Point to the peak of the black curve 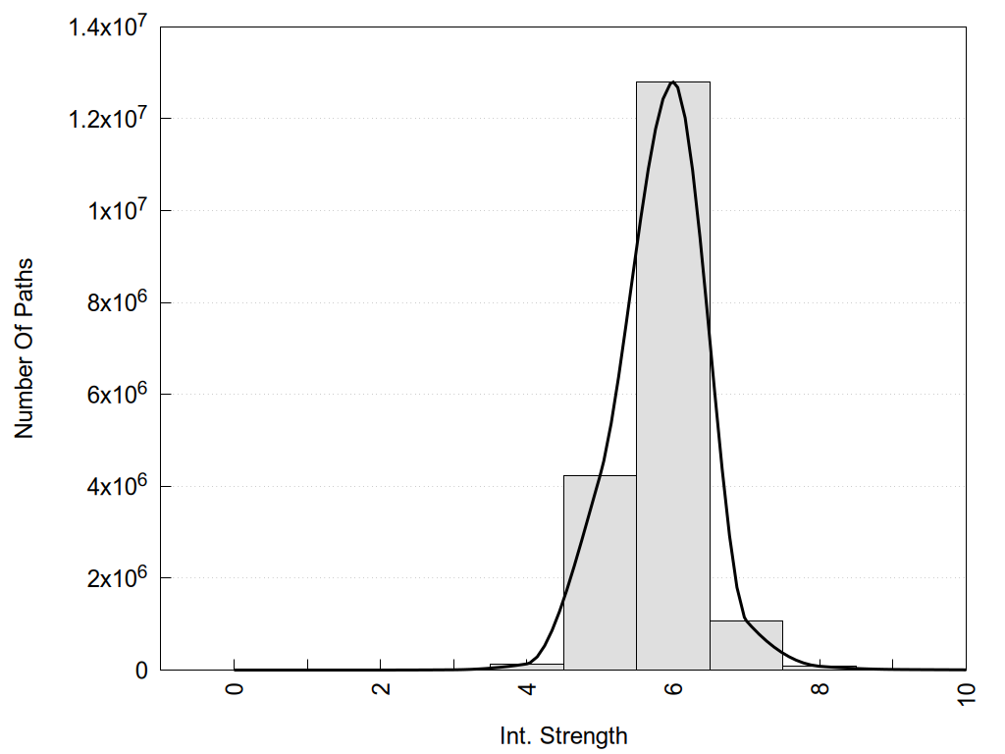point(673,82)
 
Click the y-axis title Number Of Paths point(25,349)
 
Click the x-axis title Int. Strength point(563,735)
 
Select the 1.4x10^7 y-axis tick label point(107,27)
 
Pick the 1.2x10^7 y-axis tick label point(107,119)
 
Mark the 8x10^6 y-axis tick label point(116,302)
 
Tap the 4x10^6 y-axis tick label point(116,486)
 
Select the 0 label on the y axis point(141,671)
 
